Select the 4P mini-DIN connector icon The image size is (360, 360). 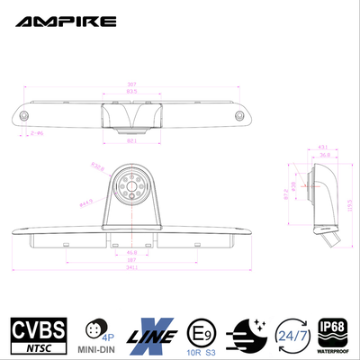click(x=92, y=326)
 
